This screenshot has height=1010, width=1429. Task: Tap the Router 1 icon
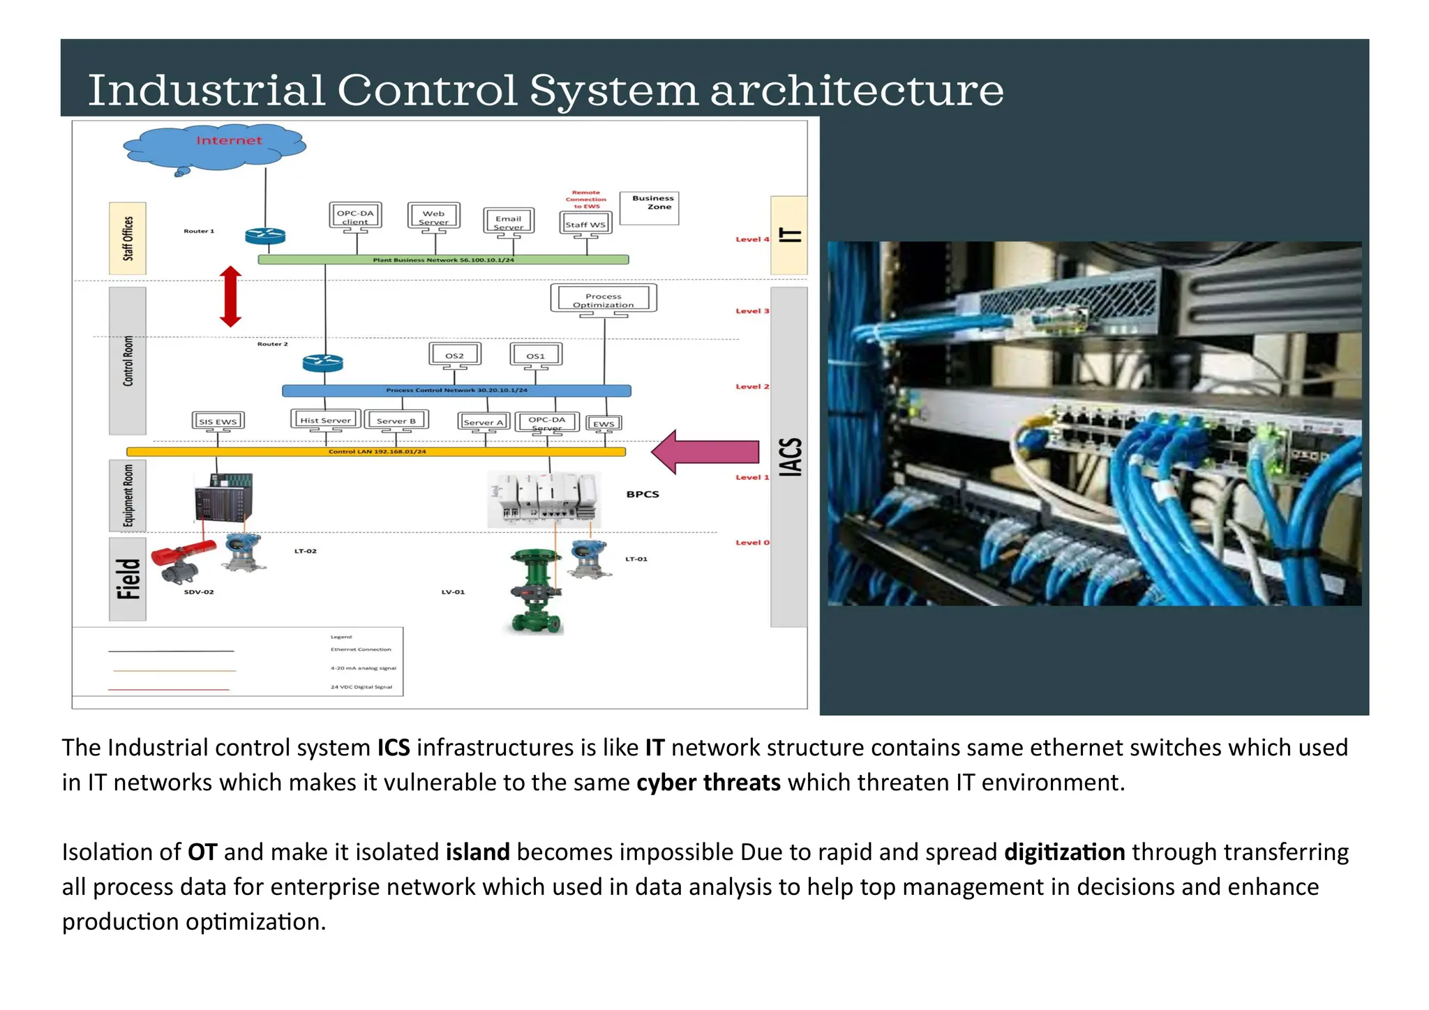coord(265,236)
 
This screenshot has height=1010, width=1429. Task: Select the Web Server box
coord(433,217)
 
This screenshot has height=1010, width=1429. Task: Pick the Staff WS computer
coord(585,224)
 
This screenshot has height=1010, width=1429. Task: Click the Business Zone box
coord(650,208)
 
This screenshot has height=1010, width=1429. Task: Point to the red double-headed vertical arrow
coord(230,296)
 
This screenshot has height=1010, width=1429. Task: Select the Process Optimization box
coord(604,299)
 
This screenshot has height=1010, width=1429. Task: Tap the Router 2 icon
coord(322,363)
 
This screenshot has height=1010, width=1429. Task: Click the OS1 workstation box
coord(535,355)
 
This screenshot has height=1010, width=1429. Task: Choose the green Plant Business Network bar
coord(443,259)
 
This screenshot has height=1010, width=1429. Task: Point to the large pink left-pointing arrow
coord(705,452)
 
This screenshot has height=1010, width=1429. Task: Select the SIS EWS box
coord(218,421)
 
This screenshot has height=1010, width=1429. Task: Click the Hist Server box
coord(325,420)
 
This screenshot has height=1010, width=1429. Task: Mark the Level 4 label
coord(751,239)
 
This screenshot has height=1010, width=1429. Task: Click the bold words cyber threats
coord(708,783)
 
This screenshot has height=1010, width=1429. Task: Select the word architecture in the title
coord(856,90)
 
